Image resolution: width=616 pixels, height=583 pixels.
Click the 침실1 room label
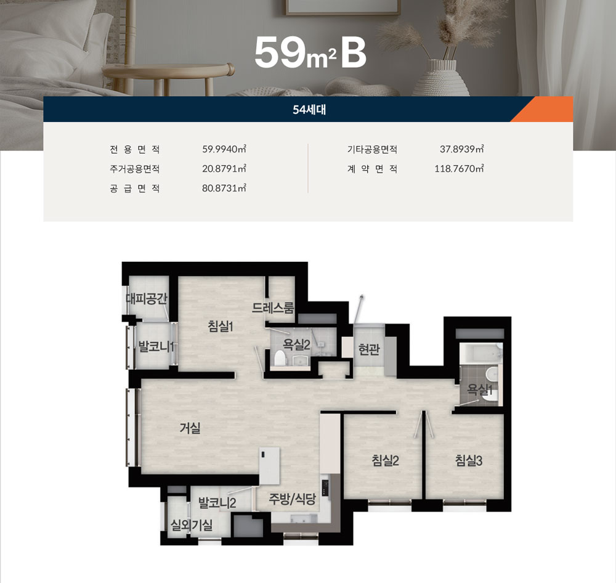point(221,326)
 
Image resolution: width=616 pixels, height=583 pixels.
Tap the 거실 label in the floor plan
point(190,428)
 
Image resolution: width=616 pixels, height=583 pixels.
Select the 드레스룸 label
point(273,307)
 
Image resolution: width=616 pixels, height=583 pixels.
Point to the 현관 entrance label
point(369,349)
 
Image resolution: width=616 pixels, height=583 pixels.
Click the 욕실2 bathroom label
point(297,344)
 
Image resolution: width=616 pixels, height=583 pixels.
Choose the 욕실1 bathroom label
point(479,389)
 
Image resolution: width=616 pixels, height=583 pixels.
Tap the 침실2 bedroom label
point(385,460)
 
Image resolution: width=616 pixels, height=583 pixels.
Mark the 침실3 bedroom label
point(469,460)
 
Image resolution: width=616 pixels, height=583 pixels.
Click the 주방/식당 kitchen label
point(292,499)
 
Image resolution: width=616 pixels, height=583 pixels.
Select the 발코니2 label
point(217,502)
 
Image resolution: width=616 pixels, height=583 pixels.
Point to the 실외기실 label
point(192,525)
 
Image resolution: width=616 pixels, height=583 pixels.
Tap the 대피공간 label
point(147,299)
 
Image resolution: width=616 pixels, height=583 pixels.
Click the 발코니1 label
point(156,347)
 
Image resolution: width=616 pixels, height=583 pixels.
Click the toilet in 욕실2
point(279,358)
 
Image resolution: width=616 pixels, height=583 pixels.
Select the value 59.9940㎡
point(224,149)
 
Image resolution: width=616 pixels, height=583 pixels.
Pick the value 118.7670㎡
point(459,169)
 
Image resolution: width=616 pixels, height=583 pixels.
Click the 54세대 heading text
point(309,109)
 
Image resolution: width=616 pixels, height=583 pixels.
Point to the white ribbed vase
point(441,78)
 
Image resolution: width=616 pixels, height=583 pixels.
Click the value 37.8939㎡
point(461,149)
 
